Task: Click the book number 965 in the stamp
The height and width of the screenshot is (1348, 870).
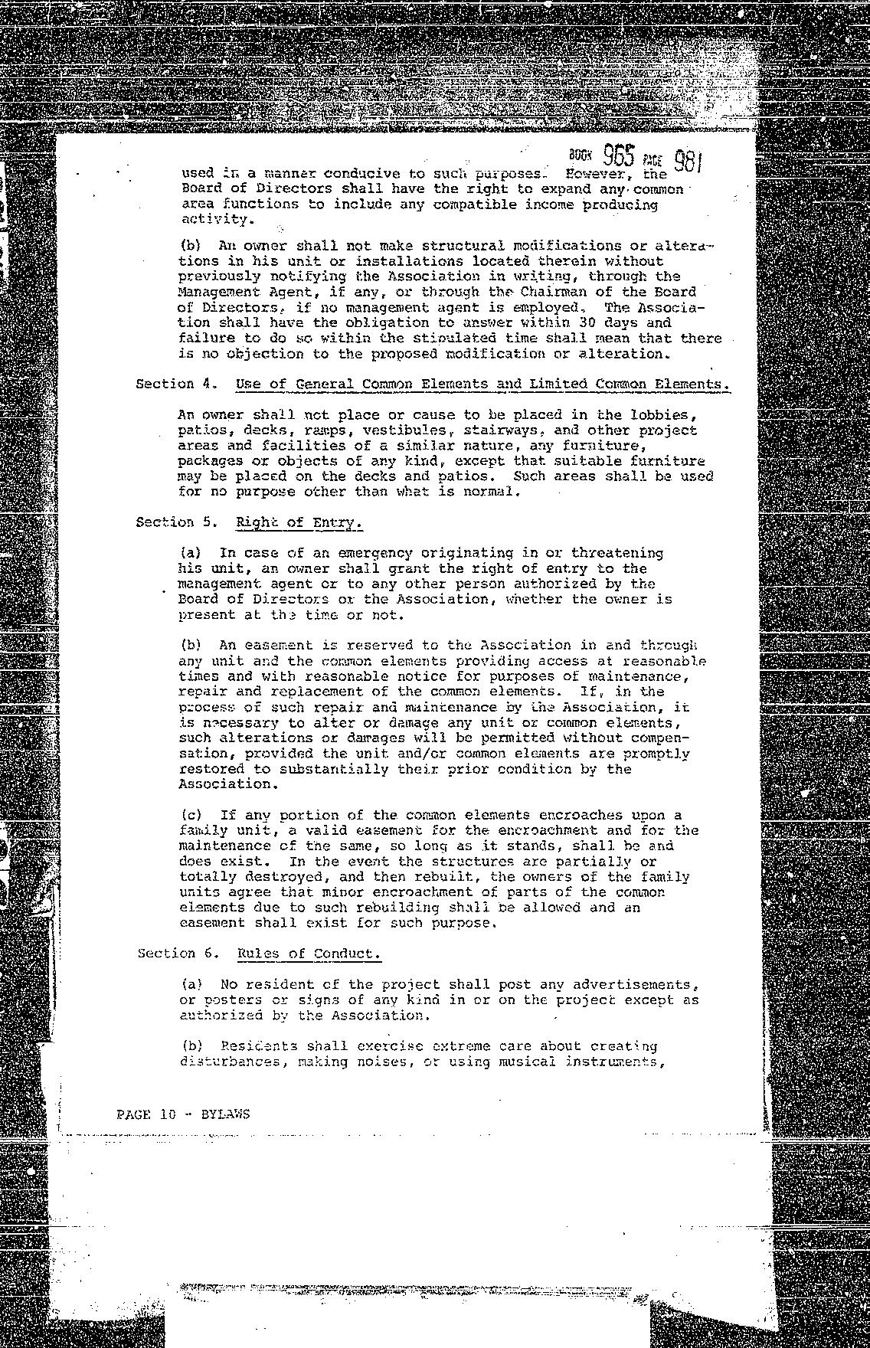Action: coord(619,156)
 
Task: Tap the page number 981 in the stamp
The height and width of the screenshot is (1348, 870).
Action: coord(688,162)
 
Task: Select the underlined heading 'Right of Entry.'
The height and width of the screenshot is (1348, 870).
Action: coord(298,522)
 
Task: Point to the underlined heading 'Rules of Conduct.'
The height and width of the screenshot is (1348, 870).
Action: coord(309,954)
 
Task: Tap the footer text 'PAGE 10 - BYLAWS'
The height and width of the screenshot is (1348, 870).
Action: coord(183,1114)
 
